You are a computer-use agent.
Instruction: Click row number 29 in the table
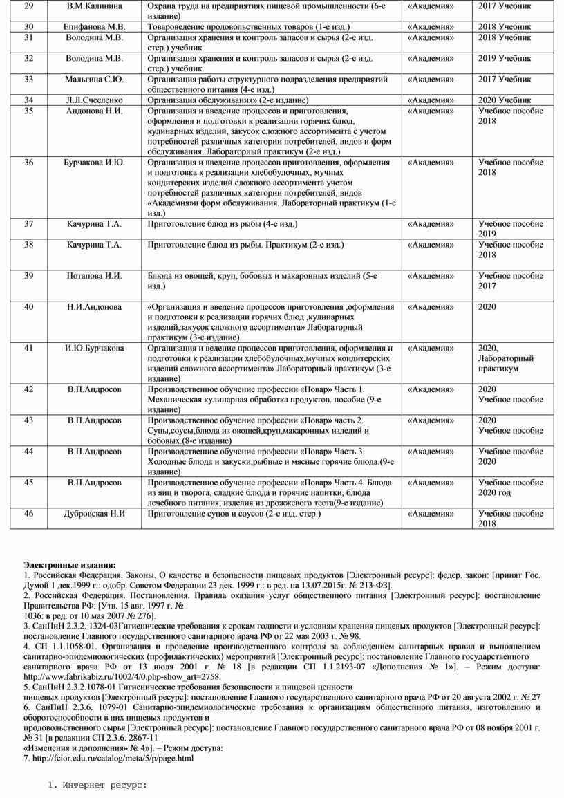(28, 6)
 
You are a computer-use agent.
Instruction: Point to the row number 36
(28, 163)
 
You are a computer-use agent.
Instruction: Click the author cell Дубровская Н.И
(96, 514)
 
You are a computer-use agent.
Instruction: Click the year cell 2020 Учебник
(505, 100)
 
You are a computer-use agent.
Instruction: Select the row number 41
(28, 348)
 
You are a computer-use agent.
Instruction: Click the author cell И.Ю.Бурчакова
(95, 348)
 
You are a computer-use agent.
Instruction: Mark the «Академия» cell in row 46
(431, 514)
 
